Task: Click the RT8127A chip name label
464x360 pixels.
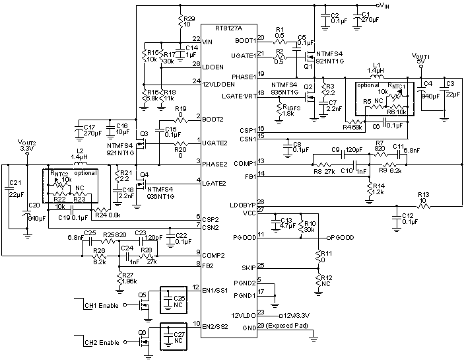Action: tap(228, 28)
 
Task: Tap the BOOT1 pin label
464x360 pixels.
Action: tap(244, 40)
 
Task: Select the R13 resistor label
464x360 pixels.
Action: tap(423, 195)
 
